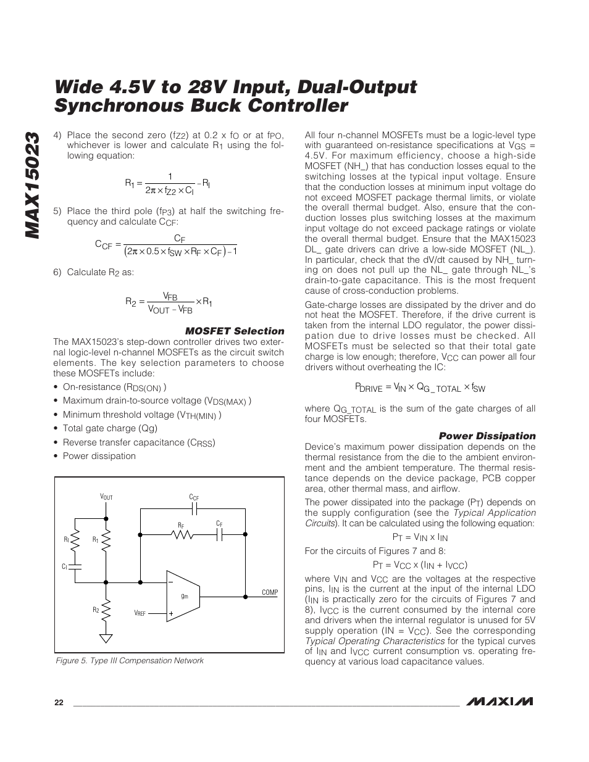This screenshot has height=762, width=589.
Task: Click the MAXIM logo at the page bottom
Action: [500, 702]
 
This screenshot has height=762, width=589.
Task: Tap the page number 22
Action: [59, 703]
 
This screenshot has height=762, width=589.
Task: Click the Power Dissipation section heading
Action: [487, 436]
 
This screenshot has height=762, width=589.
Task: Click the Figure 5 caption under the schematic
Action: [130, 660]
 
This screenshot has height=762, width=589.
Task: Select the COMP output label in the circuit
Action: [270, 592]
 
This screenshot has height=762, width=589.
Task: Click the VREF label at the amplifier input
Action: [140, 613]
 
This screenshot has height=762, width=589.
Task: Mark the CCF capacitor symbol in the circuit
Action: [194, 509]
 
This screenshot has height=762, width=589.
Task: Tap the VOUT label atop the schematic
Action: [106, 497]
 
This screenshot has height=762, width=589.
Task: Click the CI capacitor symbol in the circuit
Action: [75, 566]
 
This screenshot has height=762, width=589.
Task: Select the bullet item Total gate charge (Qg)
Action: [110, 428]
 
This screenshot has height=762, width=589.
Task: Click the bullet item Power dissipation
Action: [99, 456]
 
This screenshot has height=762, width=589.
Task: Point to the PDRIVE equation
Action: [420, 387]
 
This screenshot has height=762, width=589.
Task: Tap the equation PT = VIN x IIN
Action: [420, 537]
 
